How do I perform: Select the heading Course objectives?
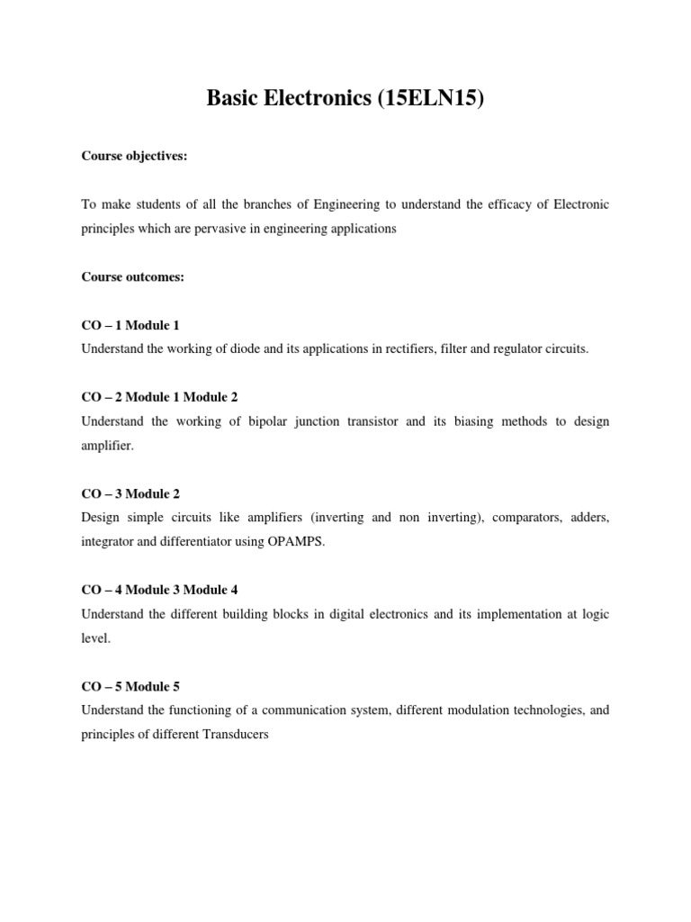(134, 156)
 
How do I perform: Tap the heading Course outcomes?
(132, 276)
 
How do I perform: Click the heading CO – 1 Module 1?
(136, 324)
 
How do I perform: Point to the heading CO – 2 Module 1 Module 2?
(159, 396)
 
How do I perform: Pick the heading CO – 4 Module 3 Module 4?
(159, 590)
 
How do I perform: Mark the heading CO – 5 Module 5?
(136, 686)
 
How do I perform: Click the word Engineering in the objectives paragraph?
(345, 204)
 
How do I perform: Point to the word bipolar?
(272, 421)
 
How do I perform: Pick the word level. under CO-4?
(94, 637)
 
